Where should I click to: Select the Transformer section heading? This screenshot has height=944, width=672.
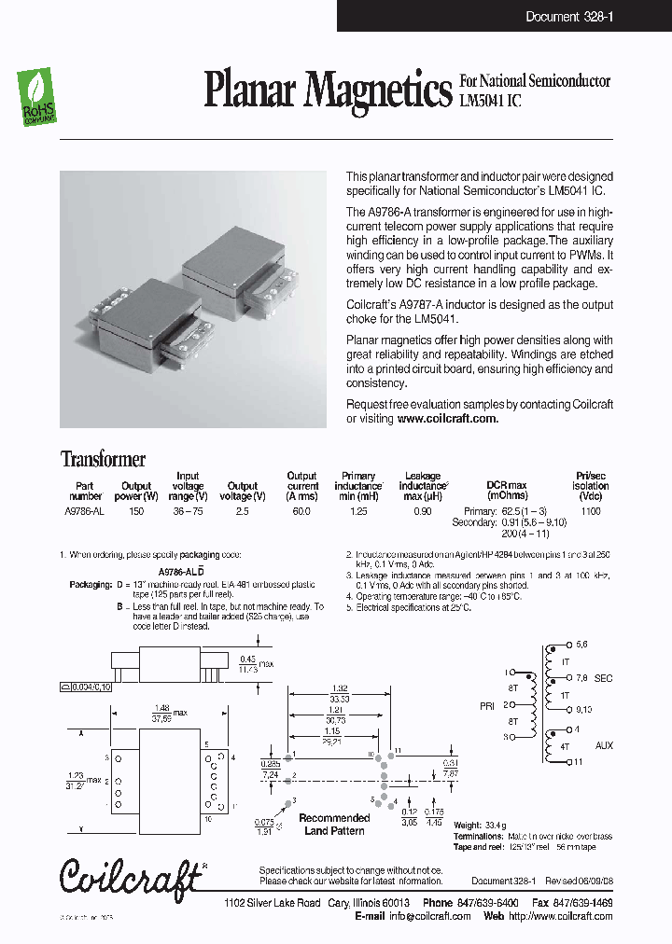pyautogui.click(x=103, y=459)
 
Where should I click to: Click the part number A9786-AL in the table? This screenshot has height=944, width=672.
pyautogui.click(x=85, y=511)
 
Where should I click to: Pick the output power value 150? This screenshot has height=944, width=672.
pyautogui.click(x=136, y=511)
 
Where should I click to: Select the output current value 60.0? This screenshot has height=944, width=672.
pyautogui.click(x=302, y=511)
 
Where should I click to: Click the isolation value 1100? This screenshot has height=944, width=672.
pyautogui.click(x=590, y=511)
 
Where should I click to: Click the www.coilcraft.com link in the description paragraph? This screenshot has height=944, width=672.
pyautogui.click(x=447, y=419)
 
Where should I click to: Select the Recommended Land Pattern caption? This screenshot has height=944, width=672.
pyautogui.click(x=335, y=824)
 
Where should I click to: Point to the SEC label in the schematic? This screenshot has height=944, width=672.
pyautogui.click(x=604, y=679)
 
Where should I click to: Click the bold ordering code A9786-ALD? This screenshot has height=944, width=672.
pyautogui.click(x=180, y=570)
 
